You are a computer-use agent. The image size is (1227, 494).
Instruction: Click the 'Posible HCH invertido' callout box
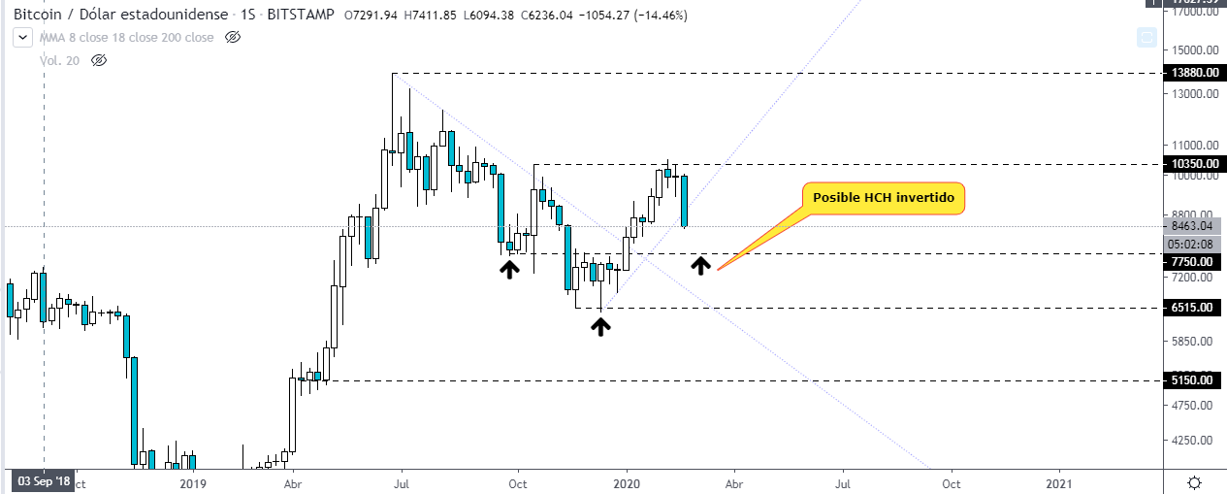883,197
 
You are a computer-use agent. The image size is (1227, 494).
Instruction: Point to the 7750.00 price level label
1193,261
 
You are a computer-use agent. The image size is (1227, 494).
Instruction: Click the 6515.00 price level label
1193,308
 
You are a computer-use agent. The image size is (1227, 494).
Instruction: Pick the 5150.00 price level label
1193,380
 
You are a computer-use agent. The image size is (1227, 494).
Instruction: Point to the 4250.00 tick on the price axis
1193,440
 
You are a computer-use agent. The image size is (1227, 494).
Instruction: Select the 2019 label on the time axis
193,482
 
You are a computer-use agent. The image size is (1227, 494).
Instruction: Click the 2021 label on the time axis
1059,482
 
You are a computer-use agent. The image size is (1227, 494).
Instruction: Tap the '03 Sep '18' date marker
43,481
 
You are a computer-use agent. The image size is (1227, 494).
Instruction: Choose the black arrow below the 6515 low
601,326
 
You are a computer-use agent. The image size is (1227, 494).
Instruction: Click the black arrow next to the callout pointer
700,264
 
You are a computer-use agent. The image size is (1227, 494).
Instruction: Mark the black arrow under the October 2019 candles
508,269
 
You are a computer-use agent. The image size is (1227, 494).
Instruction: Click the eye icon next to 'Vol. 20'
98,60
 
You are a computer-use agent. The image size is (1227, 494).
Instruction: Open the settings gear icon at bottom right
1195,482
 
